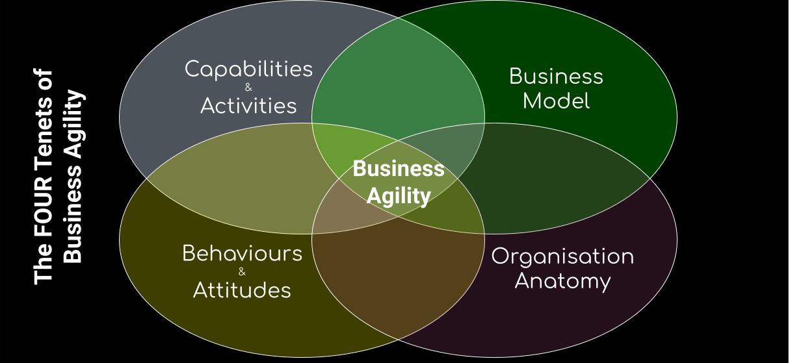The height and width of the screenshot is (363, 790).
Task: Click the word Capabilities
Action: click(x=248, y=69)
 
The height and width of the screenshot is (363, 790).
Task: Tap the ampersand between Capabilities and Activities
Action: click(x=248, y=88)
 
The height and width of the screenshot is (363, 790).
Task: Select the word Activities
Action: click(x=248, y=105)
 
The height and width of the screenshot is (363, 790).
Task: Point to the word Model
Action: click(x=556, y=101)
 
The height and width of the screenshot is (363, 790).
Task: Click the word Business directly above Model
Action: click(x=556, y=77)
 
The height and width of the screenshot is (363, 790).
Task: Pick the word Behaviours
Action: click(x=242, y=253)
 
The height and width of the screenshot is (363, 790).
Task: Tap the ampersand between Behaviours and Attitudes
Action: click(x=242, y=271)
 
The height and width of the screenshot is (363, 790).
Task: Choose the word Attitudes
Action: click(x=242, y=290)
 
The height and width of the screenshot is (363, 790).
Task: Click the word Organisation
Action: click(x=562, y=256)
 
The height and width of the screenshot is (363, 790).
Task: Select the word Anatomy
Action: click(x=562, y=281)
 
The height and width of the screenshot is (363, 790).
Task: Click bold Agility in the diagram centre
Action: click(x=399, y=195)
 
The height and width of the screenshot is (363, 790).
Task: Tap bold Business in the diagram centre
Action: click(x=399, y=169)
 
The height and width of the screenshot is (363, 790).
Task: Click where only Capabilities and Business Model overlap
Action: click(x=398, y=71)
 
